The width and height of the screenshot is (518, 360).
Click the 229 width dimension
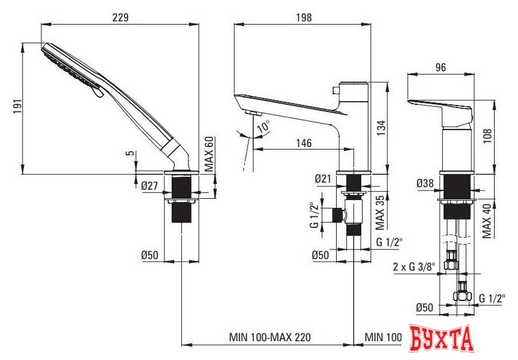coord(119,17)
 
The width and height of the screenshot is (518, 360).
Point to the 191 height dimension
coord(17,107)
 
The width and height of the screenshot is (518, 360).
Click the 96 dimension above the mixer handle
coord(442,67)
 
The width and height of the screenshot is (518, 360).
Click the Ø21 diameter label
coord(324,178)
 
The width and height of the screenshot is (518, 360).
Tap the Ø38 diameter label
coord(425,184)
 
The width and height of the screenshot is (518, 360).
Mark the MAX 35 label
coord(381,212)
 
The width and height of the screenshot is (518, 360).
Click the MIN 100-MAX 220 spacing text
coord(269,337)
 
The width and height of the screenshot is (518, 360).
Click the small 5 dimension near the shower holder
coord(130,154)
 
